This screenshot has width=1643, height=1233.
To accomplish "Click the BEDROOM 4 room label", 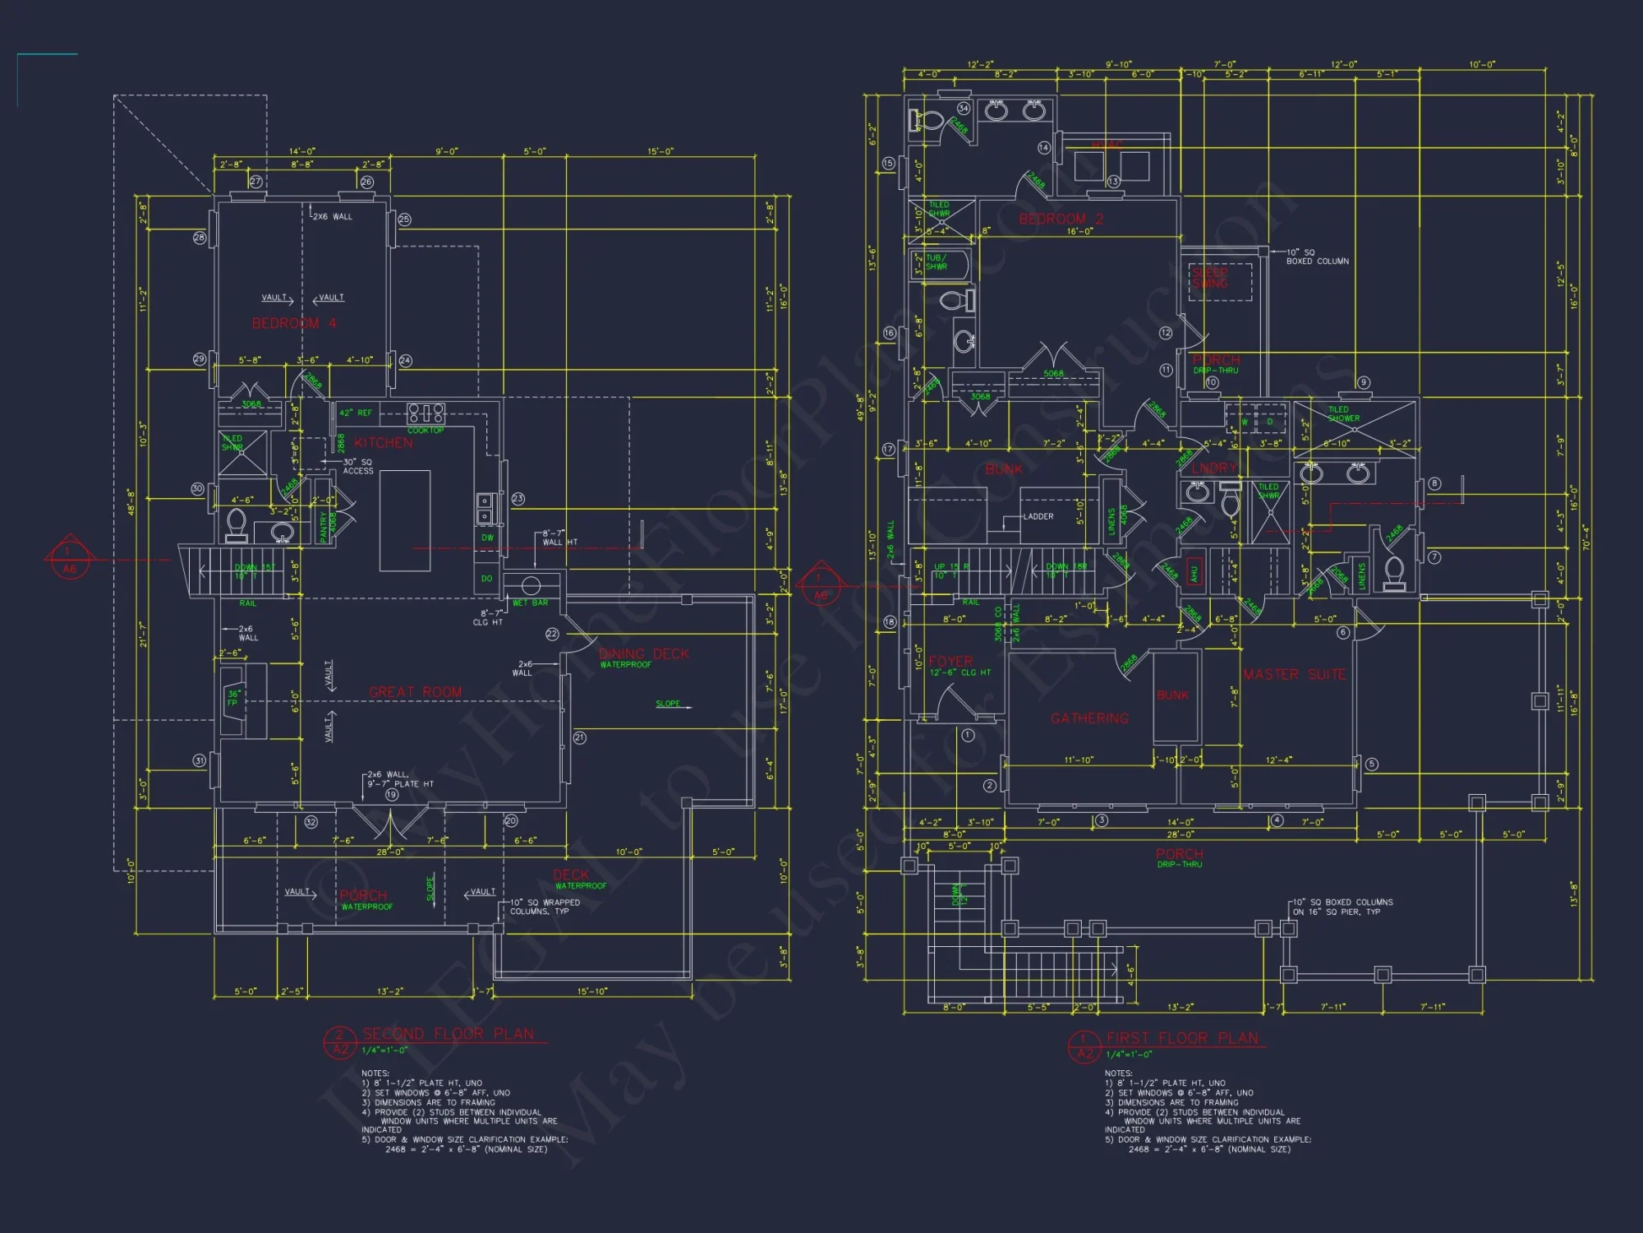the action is (x=294, y=324).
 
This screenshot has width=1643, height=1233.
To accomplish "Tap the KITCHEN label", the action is (x=384, y=443).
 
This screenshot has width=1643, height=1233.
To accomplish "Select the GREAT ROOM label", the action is (x=415, y=692).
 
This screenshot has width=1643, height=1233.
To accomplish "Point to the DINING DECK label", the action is (x=643, y=654).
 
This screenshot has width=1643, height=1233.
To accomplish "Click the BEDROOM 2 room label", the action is (x=1061, y=219).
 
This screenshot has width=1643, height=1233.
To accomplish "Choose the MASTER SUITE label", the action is (x=1294, y=675).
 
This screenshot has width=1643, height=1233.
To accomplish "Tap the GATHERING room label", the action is (x=1089, y=718).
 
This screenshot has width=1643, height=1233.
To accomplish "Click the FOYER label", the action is (x=950, y=662).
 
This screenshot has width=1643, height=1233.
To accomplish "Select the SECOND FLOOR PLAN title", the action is (x=448, y=1034).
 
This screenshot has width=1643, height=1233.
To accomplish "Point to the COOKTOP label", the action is (x=426, y=431).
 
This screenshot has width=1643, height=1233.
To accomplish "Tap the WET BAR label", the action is (x=530, y=603).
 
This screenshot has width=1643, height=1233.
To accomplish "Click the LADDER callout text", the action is (x=1038, y=517).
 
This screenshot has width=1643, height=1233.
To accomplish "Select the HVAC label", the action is (x=1107, y=145).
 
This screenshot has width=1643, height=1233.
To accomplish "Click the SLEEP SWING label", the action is (x=1210, y=278).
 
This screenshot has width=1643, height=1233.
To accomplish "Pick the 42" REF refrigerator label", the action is (x=356, y=413).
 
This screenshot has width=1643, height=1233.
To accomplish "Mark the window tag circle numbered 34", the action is (x=964, y=108).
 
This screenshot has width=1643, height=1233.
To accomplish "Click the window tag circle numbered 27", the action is (x=255, y=182).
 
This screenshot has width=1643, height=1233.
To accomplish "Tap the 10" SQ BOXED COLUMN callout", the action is (x=1317, y=256).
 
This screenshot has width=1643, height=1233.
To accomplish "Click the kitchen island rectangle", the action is (x=405, y=520).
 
